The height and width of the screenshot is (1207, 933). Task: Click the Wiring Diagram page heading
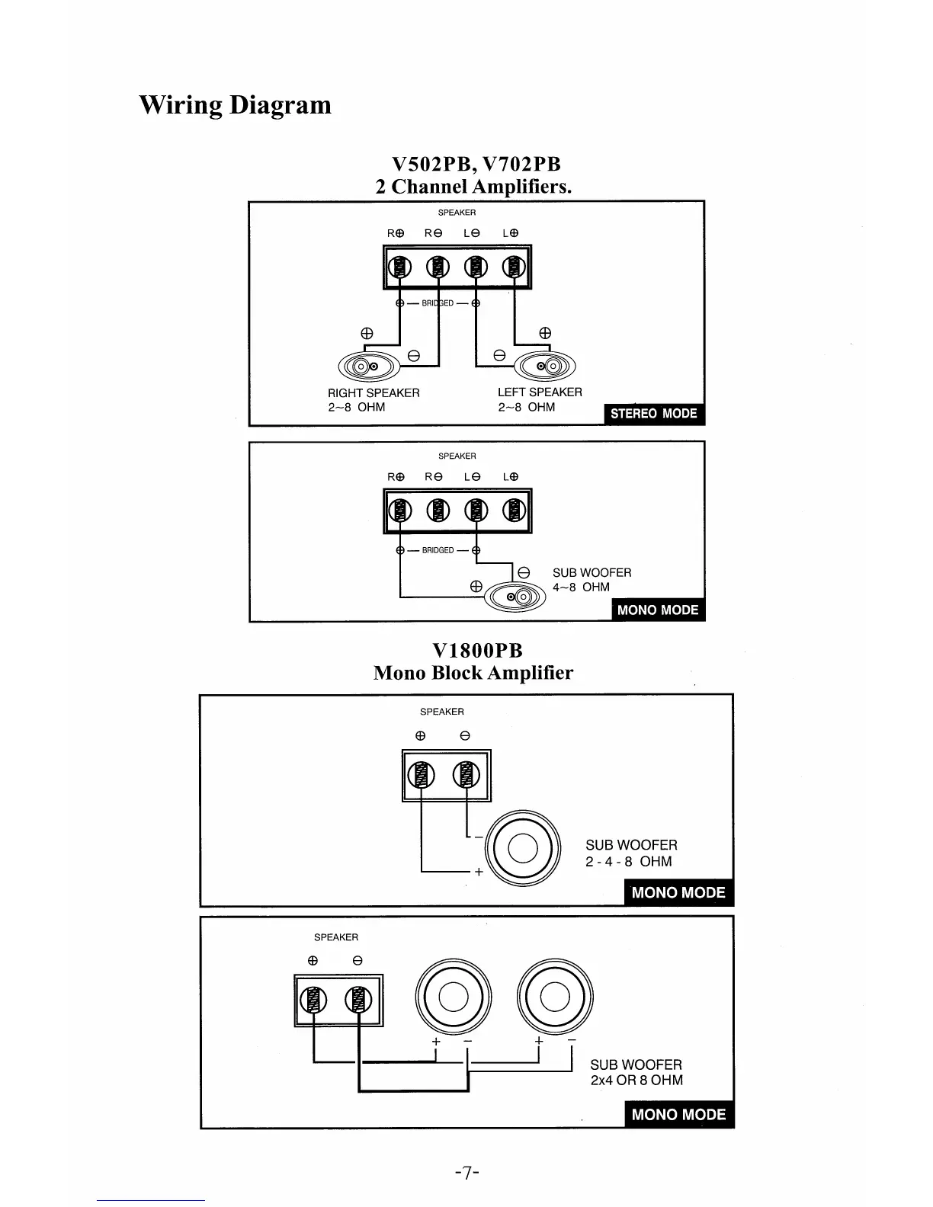235,104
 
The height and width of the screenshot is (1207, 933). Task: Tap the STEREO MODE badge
653,414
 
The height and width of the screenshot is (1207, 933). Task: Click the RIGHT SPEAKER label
374,392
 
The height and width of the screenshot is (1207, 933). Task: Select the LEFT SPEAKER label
540,392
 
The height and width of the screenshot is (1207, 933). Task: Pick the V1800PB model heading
477,651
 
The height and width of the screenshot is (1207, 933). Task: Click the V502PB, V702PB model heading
476,165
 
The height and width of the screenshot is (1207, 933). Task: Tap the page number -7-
466,1172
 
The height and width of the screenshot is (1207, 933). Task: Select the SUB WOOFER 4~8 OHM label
592,580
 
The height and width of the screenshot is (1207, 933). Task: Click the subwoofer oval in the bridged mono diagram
516,597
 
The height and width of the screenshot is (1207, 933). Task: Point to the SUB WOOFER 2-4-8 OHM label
631,853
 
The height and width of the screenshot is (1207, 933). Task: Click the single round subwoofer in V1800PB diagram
522,848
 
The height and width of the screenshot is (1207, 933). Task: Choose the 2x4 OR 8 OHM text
636,1081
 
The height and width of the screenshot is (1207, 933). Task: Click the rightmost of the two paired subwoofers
555,997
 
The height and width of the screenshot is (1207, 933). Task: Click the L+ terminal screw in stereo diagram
515,267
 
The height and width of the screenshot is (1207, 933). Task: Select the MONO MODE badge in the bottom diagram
678,1114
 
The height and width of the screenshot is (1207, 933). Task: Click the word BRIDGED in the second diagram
438,550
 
